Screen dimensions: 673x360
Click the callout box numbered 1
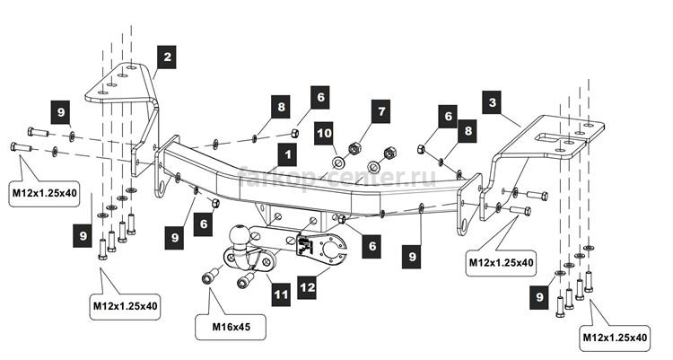287,155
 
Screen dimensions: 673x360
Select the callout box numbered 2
167,57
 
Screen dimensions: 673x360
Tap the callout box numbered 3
492,102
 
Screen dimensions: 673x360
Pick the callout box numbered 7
381,111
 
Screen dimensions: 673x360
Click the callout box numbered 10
324,134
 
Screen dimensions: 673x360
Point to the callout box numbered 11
281,294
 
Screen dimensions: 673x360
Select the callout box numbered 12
308,287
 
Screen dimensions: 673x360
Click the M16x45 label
231,327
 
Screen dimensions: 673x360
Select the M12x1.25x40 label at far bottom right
615,338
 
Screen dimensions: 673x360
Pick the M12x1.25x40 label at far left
45,193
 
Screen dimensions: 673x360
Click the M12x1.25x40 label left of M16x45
126,306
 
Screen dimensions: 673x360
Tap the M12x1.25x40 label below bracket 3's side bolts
502,262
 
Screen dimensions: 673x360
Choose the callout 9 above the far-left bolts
60,111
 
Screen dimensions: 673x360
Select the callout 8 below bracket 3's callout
468,130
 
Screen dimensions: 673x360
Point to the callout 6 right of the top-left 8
320,97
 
